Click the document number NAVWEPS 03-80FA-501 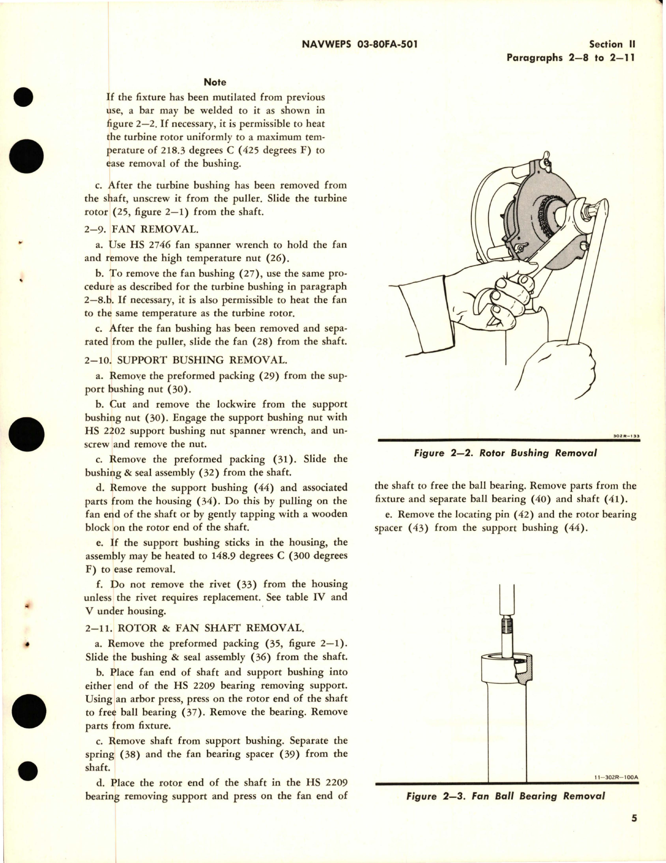(x=360, y=45)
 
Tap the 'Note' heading (x=215, y=82)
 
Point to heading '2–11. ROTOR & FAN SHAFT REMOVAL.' (x=195, y=628)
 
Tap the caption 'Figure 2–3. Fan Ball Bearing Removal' (x=505, y=796)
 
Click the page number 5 (x=634, y=832)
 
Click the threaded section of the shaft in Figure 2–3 (x=506, y=627)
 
